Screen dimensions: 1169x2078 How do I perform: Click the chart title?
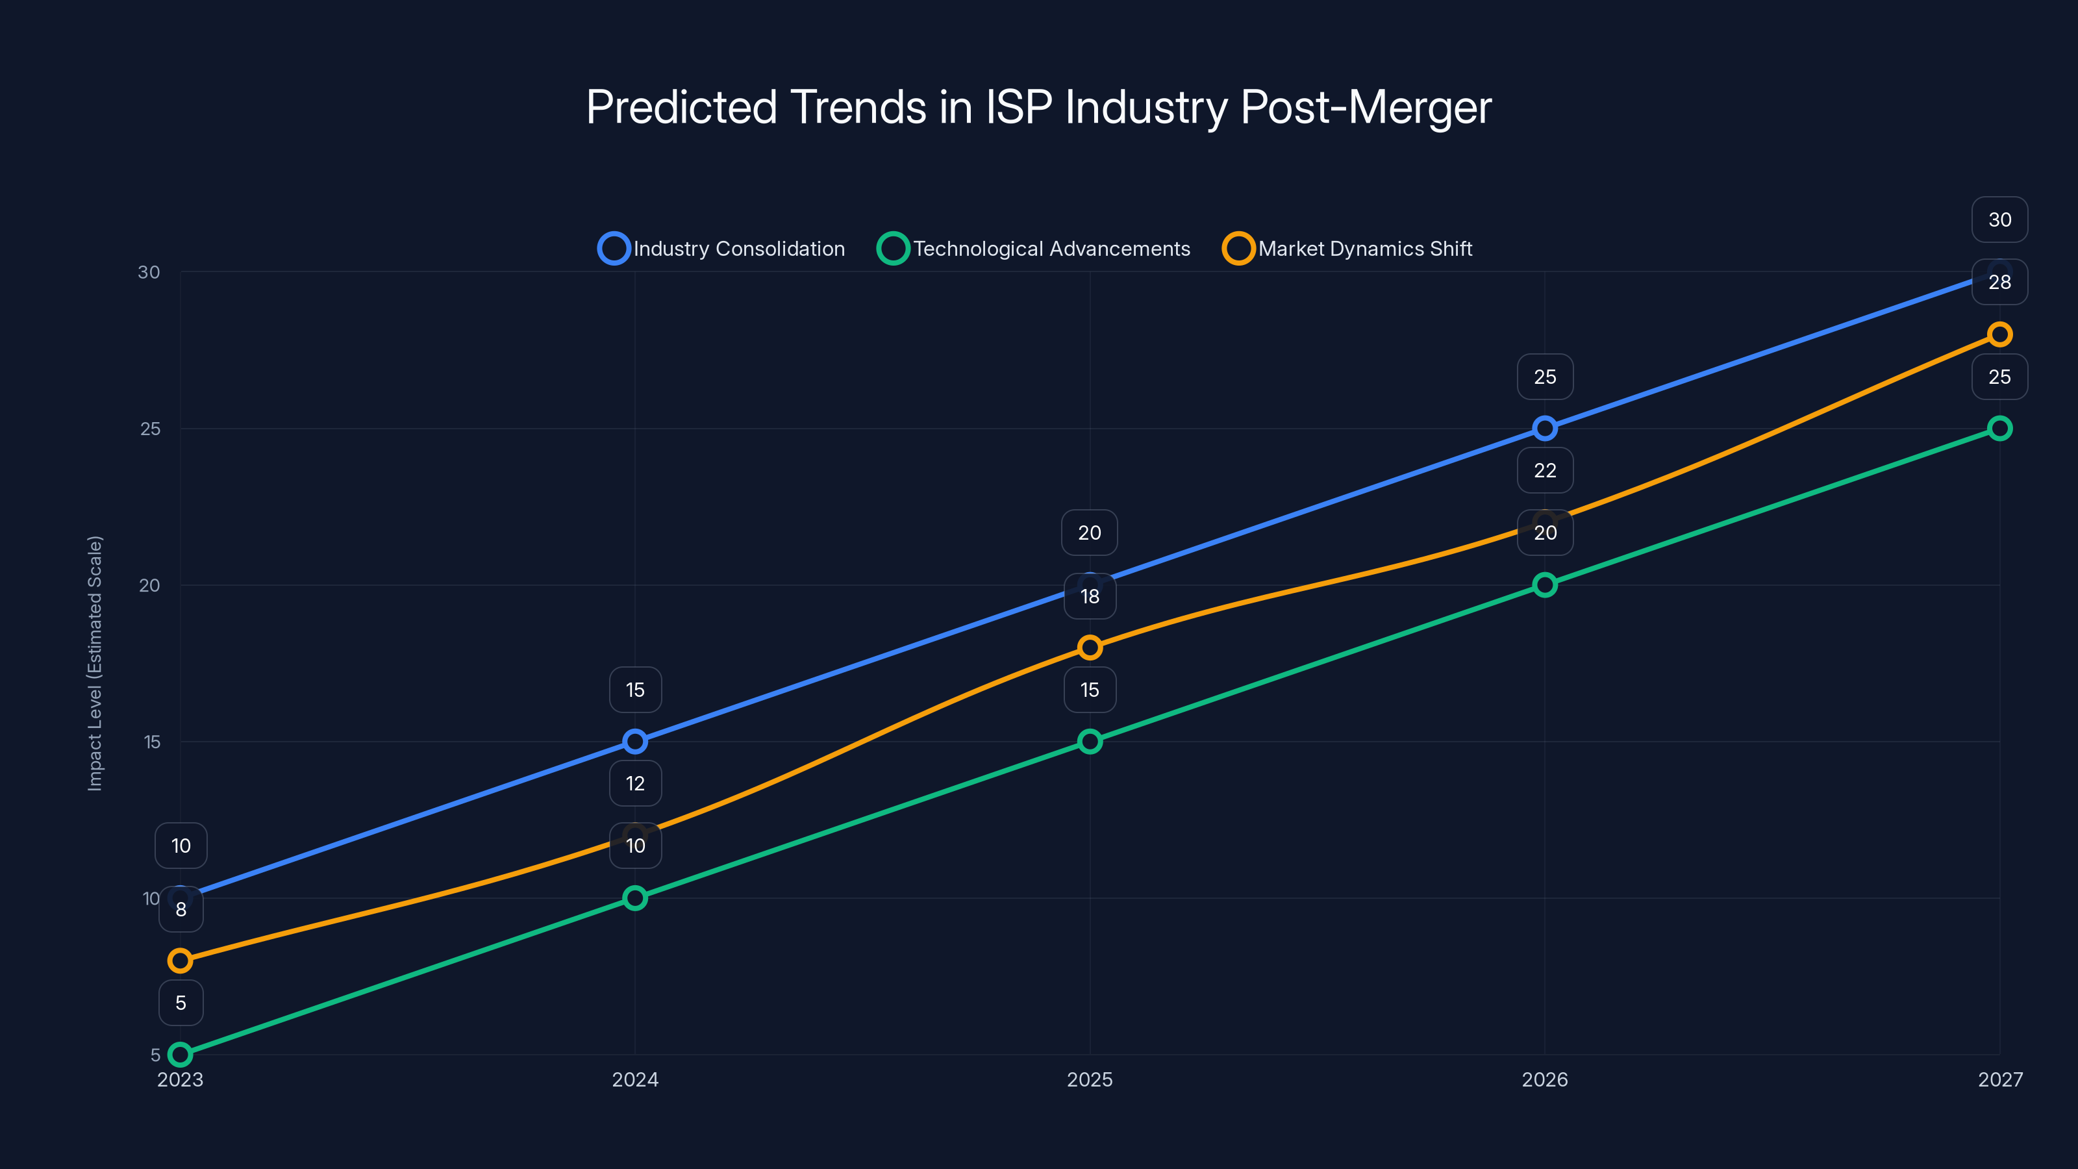click(x=1038, y=107)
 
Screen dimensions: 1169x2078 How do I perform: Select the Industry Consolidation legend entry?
click(x=722, y=249)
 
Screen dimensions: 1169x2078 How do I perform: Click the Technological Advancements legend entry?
click(x=1034, y=249)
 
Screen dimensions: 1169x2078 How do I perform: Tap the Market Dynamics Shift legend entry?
click(x=1348, y=249)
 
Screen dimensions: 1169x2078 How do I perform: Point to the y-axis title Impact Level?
click(x=95, y=662)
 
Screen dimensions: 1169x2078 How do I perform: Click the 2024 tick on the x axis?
click(x=635, y=1079)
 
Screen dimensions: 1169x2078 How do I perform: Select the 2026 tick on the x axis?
click(x=1544, y=1079)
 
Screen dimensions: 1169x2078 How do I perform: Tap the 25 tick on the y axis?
click(x=150, y=429)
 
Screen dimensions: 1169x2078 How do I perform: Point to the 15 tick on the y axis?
click(x=152, y=742)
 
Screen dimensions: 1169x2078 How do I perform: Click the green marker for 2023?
click(x=180, y=1055)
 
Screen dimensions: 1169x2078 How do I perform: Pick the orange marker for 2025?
click(x=1090, y=647)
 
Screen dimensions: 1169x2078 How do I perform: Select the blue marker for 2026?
click(x=1544, y=429)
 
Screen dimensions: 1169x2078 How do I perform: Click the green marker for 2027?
click(x=1999, y=429)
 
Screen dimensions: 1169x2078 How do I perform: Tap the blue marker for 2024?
click(x=635, y=742)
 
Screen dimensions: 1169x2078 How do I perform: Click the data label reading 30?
click(x=1999, y=220)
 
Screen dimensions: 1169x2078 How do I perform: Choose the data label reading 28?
click(x=1999, y=283)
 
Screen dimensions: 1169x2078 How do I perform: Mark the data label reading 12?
click(x=635, y=783)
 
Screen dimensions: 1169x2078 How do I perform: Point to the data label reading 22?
click(x=1544, y=470)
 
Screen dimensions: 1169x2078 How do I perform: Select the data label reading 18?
click(x=1090, y=596)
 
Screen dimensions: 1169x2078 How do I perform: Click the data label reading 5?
click(x=181, y=1003)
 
